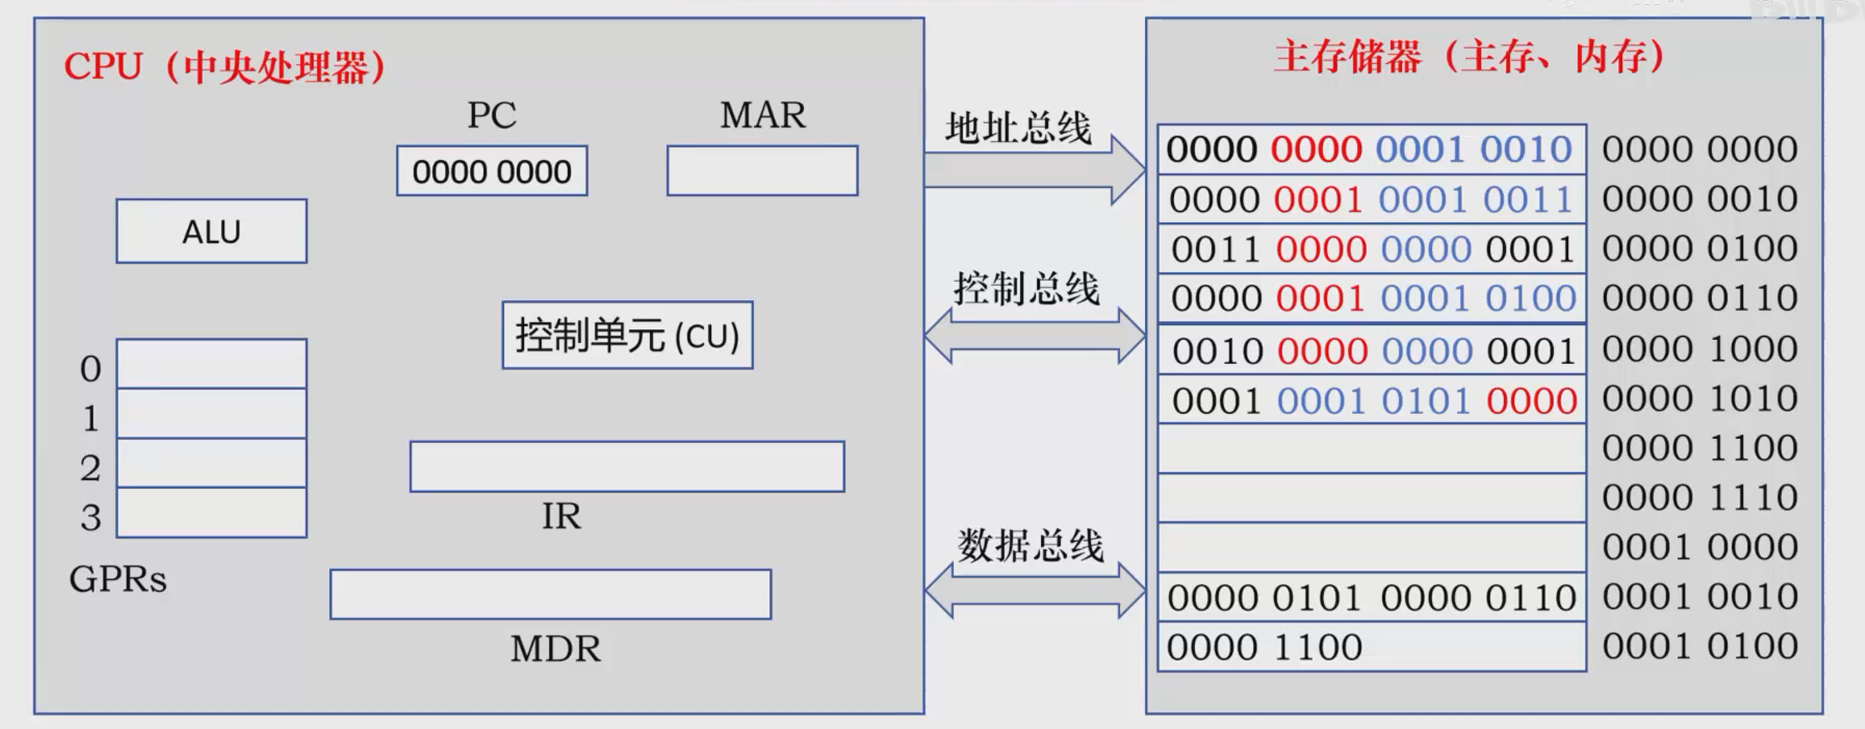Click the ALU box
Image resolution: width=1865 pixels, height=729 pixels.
pyautogui.click(x=211, y=231)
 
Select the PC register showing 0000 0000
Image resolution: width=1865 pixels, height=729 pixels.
pyautogui.click(x=491, y=171)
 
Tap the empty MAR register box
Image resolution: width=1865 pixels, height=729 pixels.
pyautogui.click(x=762, y=171)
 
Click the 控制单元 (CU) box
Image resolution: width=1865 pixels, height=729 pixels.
pyautogui.click(x=627, y=335)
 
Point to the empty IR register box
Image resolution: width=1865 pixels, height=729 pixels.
pyautogui.click(x=627, y=466)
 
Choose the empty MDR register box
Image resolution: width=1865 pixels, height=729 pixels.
pyautogui.click(x=550, y=594)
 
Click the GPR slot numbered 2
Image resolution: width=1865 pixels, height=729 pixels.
pyautogui.click(x=211, y=463)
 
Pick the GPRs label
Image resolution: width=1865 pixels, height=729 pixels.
pyautogui.click(x=117, y=579)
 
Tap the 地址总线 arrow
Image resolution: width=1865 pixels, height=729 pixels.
pyautogui.click(x=1035, y=170)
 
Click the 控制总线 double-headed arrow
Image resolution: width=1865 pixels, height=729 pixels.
pyautogui.click(x=1035, y=336)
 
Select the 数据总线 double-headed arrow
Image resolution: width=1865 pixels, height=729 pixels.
pyautogui.click(x=1035, y=590)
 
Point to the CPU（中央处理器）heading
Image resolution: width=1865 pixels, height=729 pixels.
pyautogui.click(x=225, y=66)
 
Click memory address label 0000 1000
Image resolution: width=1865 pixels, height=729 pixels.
pyautogui.click(x=1700, y=349)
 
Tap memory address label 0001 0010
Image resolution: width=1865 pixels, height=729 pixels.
pyautogui.click(x=1700, y=597)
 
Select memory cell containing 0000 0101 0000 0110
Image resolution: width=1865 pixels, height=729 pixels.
pyautogui.click(x=1371, y=598)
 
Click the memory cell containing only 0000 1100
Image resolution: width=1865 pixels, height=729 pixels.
pyautogui.click(x=1371, y=647)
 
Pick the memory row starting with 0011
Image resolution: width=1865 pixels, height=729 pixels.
pyautogui.click(x=1371, y=249)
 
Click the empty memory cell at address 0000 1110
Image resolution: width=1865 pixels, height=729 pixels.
pyautogui.click(x=1371, y=498)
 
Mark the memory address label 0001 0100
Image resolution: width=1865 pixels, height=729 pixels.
pyautogui.click(x=1700, y=647)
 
